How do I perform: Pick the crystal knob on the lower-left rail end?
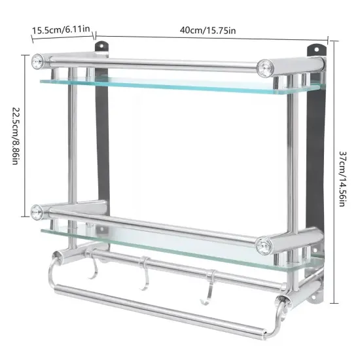click(37, 211)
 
